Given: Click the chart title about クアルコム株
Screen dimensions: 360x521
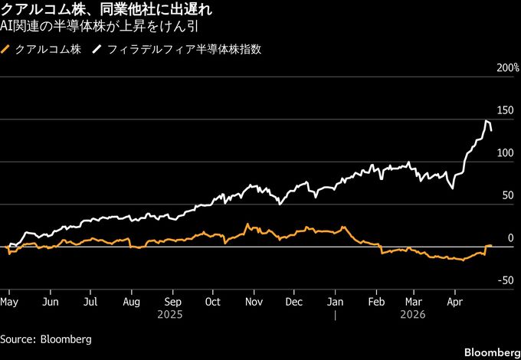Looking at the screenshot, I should (x=106, y=11).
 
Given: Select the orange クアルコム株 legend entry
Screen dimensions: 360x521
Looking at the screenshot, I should (x=39, y=50).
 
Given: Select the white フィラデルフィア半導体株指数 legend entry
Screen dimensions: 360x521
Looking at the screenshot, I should (x=176, y=50).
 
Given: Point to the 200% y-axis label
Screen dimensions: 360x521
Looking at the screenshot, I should (x=509, y=69).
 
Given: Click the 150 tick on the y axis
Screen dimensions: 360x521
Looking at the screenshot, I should (x=510, y=111).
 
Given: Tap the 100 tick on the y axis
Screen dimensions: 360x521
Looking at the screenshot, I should (x=510, y=153).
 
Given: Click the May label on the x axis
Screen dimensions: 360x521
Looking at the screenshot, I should (x=9, y=302).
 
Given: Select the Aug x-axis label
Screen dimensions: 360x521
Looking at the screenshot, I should (x=131, y=302).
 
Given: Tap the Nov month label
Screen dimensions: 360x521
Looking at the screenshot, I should (x=254, y=302).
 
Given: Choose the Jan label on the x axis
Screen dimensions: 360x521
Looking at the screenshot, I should (x=336, y=302).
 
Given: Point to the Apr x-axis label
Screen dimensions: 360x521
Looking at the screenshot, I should (x=455, y=302).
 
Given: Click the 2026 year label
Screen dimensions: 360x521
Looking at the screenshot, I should (x=417, y=314).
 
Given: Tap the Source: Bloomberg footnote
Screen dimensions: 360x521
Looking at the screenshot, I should (x=46, y=339).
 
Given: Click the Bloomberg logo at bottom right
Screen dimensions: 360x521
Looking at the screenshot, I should (x=490, y=351).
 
